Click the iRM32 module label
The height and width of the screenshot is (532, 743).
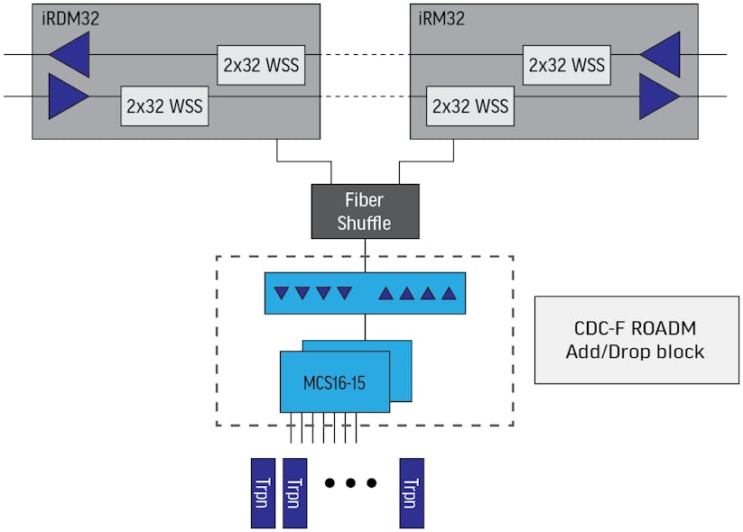point(441,18)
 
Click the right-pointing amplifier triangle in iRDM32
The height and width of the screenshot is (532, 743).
point(68,96)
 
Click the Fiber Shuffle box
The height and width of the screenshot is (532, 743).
point(365,211)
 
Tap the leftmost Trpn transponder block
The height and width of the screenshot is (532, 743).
point(262,492)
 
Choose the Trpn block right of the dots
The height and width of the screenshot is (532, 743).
point(412,492)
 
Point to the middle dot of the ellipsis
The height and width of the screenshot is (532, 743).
point(349,483)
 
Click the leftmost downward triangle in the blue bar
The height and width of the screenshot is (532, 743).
point(282,293)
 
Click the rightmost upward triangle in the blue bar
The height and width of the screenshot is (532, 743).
point(447,293)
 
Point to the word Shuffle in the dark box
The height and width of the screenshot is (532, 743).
point(365,223)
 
